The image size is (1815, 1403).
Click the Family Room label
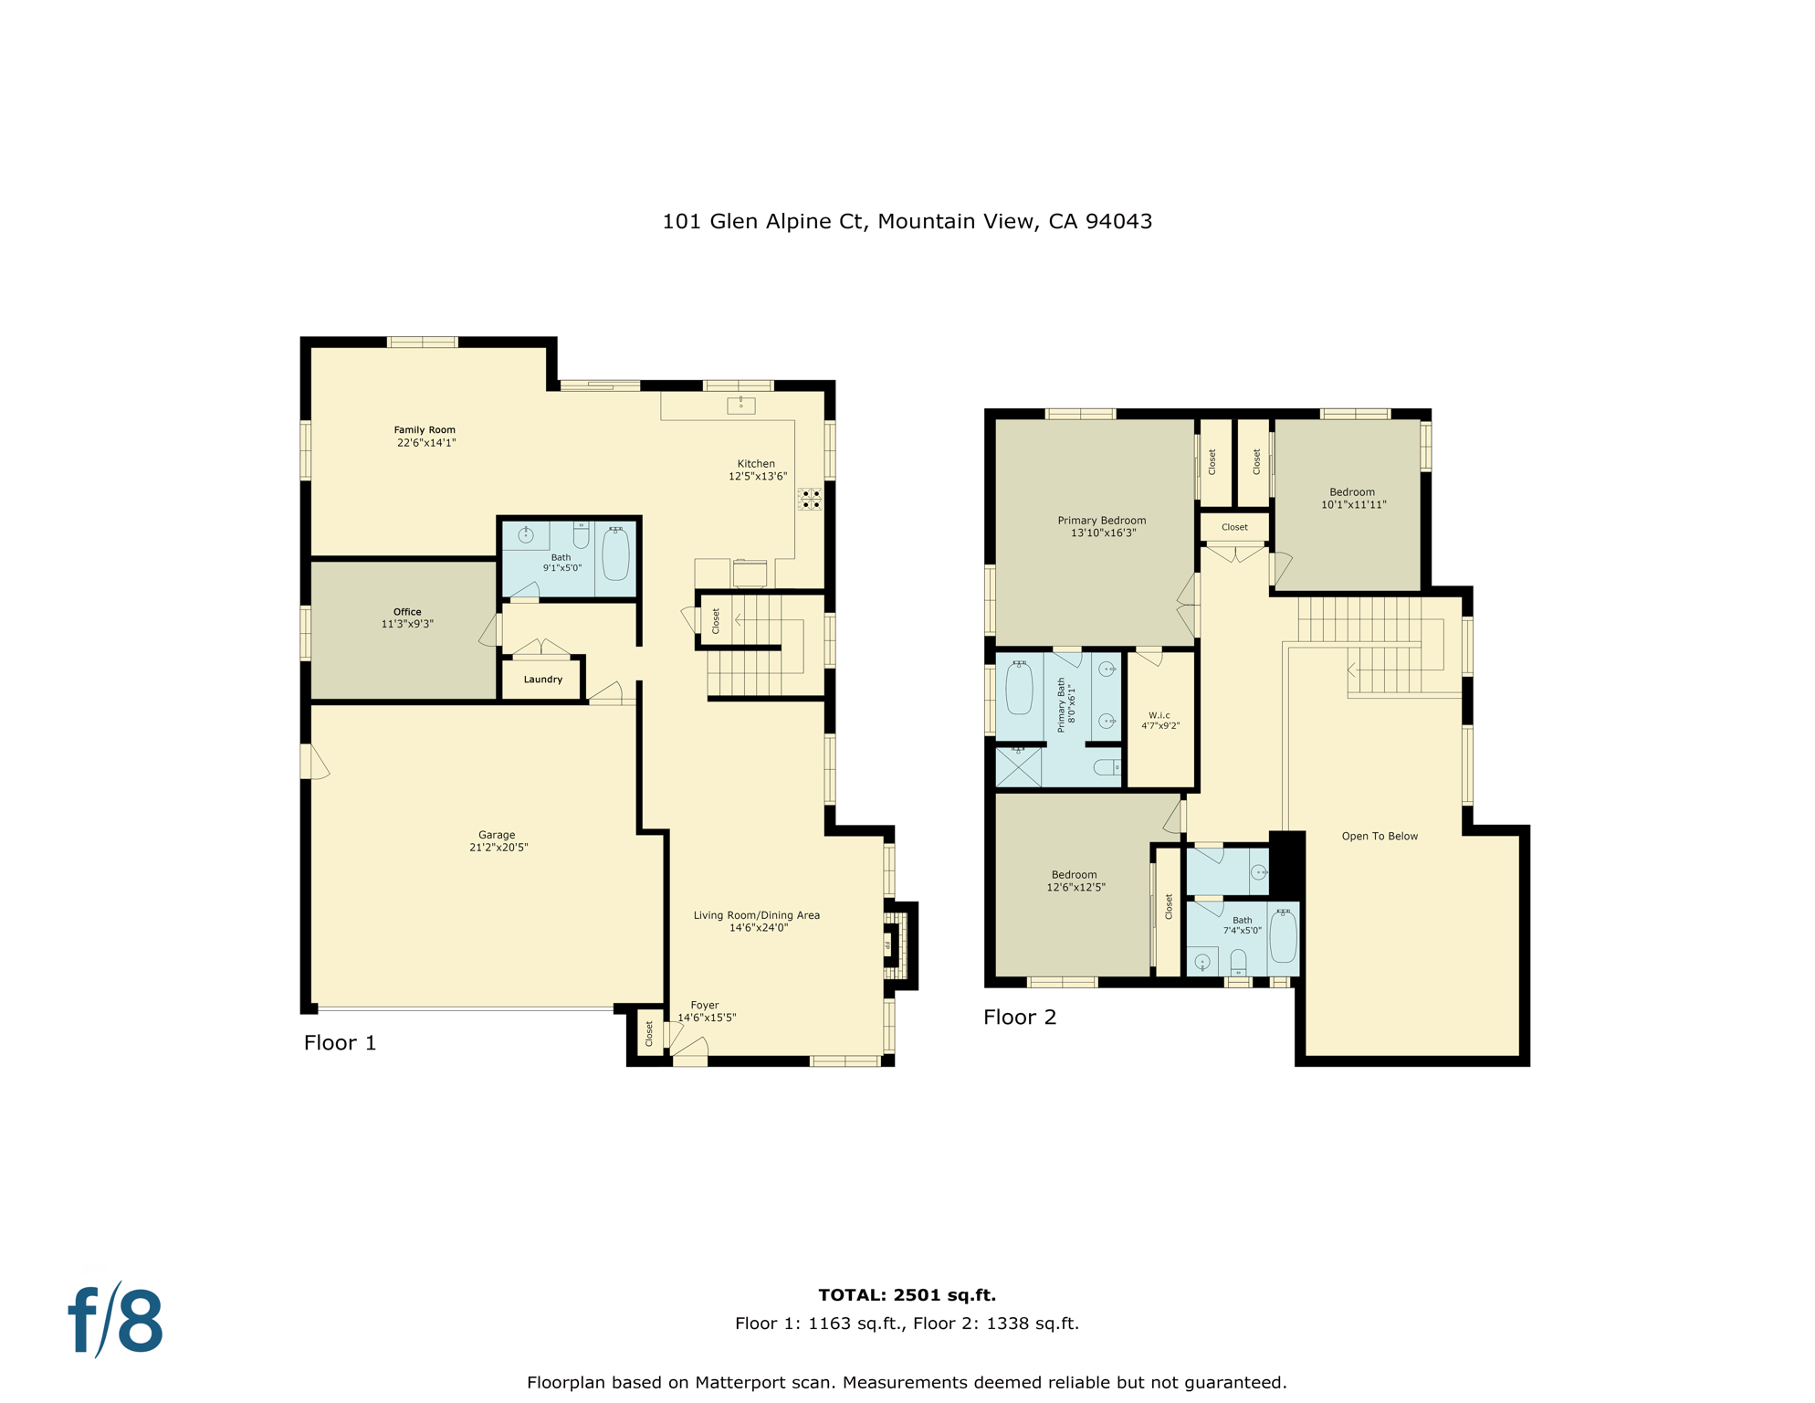(x=425, y=430)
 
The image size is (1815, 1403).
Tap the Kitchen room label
(x=756, y=464)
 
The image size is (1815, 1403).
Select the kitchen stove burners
(x=811, y=499)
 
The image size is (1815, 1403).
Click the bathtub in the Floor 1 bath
(x=616, y=553)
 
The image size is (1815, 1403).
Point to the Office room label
(x=407, y=612)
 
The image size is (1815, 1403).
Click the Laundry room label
(x=543, y=680)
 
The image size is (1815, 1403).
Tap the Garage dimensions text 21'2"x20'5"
(x=498, y=848)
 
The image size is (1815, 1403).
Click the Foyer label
(x=705, y=1006)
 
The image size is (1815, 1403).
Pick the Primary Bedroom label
(x=1102, y=521)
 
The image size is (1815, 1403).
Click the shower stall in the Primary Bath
(x=1019, y=766)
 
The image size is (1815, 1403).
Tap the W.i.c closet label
(x=1159, y=715)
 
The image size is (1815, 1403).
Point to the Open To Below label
(x=1380, y=836)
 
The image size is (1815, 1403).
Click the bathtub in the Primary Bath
(x=1019, y=688)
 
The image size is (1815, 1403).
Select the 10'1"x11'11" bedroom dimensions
(x=1354, y=504)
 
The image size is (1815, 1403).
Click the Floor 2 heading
(x=1020, y=1017)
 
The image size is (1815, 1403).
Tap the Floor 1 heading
(x=340, y=1042)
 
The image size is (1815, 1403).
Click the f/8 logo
(x=116, y=1322)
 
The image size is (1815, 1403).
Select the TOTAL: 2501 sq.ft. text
(x=907, y=1294)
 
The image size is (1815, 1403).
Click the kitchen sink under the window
(x=741, y=405)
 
